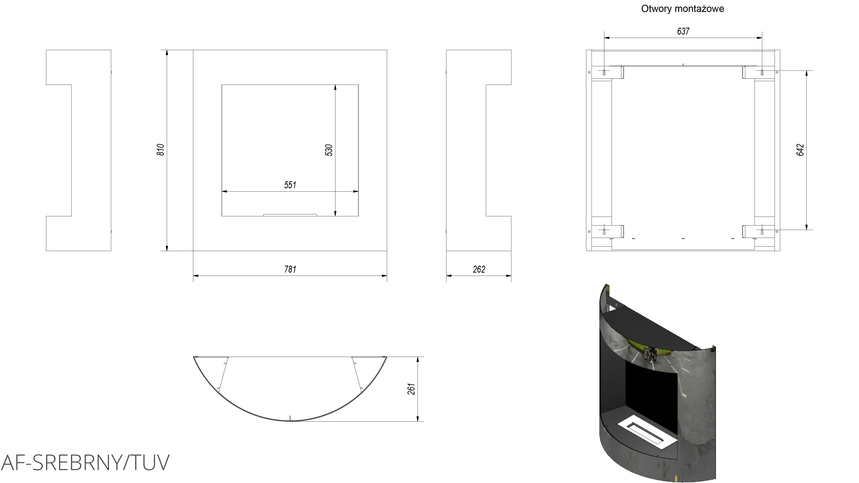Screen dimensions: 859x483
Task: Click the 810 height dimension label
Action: pyautogui.click(x=161, y=150)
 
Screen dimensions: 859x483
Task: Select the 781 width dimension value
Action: pyautogui.click(x=290, y=269)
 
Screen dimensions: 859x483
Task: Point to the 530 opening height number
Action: pyautogui.click(x=329, y=150)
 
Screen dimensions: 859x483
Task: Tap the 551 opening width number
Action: pyautogui.click(x=290, y=185)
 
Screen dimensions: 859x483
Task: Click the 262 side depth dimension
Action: pyautogui.click(x=479, y=269)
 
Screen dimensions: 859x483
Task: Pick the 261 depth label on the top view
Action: pyautogui.click(x=412, y=389)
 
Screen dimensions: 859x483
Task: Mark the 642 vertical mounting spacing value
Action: pyautogui.click(x=800, y=150)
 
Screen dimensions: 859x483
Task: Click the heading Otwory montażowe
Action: pyautogui.click(x=683, y=9)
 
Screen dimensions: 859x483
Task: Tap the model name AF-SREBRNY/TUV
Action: pyautogui.click(x=85, y=462)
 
